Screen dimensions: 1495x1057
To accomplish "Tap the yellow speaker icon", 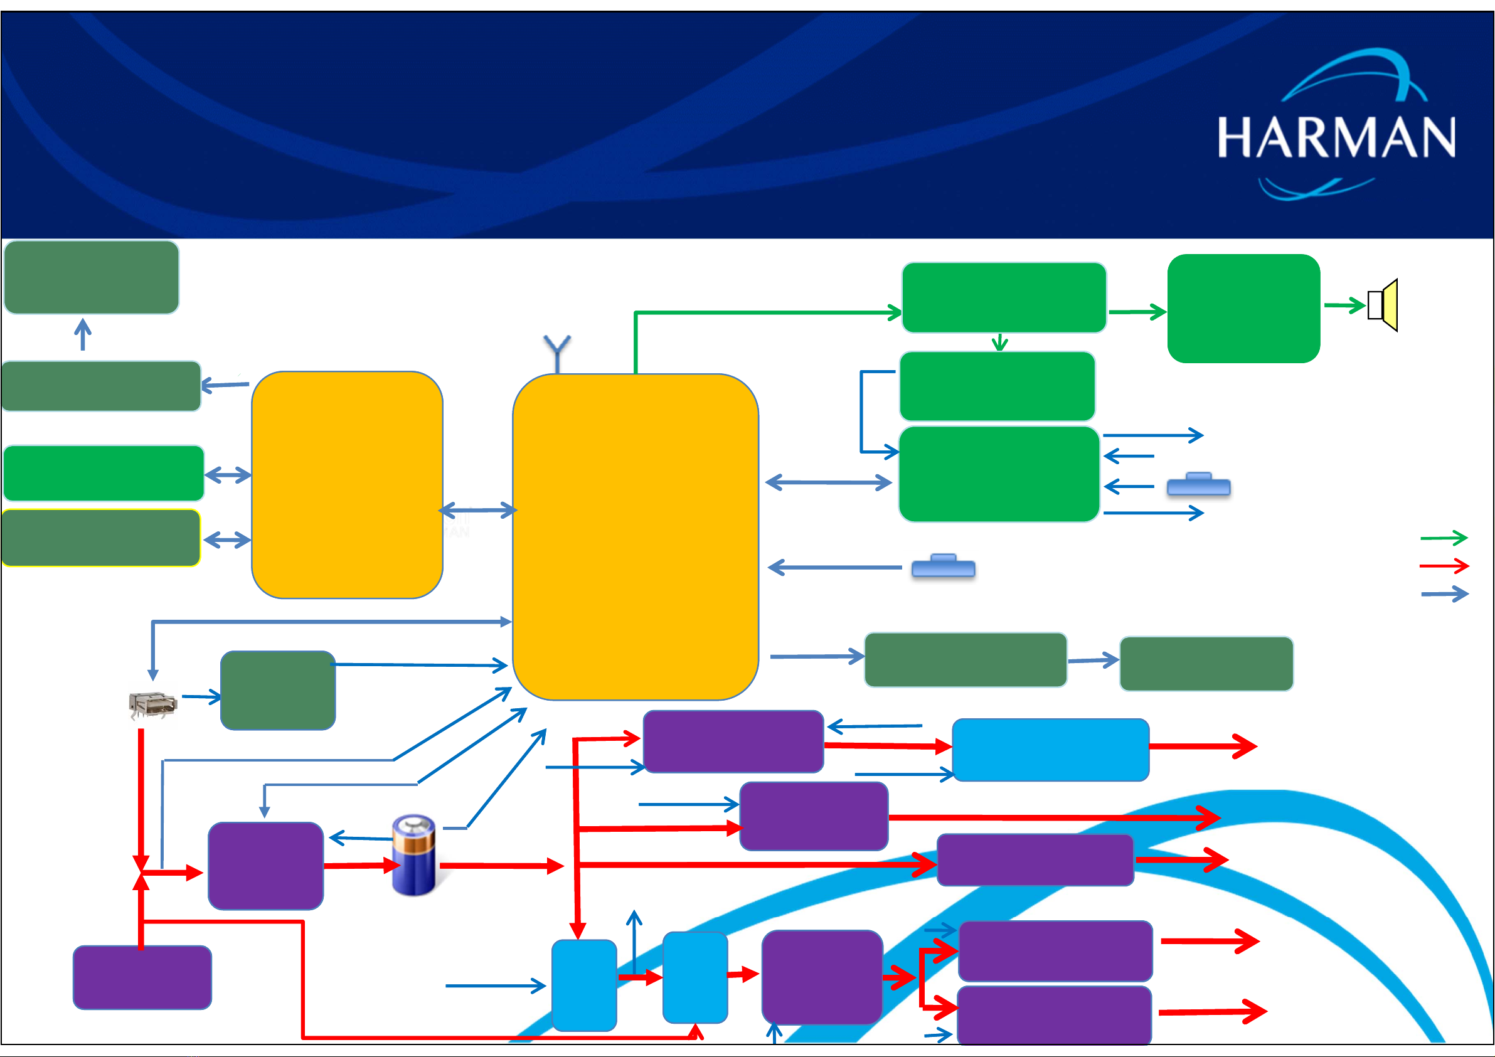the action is (x=1383, y=305).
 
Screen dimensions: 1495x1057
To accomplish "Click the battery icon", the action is (x=414, y=854).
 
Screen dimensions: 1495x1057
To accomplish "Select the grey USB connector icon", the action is (x=153, y=705).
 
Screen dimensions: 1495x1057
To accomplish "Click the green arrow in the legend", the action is (x=1444, y=538).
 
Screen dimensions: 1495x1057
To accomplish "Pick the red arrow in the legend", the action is (x=1444, y=565).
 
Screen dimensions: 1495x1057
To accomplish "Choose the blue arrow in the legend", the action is (x=1445, y=594).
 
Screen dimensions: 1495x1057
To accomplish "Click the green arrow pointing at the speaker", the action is (x=1344, y=305).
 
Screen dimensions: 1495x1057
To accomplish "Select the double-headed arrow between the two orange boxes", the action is (x=478, y=510).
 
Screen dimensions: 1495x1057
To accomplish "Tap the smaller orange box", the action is (x=347, y=484).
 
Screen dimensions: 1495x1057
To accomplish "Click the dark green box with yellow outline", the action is (x=101, y=538).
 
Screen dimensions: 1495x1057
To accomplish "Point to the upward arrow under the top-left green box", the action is (x=83, y=334).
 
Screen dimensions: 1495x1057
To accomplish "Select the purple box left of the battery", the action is (x=265, y=866).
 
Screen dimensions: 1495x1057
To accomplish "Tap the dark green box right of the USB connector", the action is (x=278, y=690).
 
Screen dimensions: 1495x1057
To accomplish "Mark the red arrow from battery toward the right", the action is (x=502, y=866).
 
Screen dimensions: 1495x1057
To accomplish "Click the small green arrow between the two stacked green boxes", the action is (x=1000, y=343).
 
